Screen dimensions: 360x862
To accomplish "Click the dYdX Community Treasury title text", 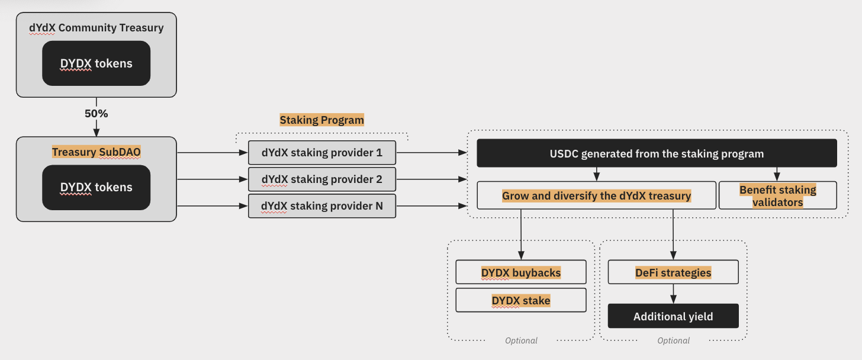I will (x=96, y=28).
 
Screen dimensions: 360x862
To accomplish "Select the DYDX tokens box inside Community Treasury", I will (x=96, y=63).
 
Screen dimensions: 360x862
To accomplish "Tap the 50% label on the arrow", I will (x=96, y=112).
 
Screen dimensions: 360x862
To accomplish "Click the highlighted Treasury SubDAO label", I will (x=96, y=152).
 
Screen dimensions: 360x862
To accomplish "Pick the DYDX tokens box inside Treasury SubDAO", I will (x=96, y=187).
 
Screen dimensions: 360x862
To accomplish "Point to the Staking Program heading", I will (x=321, y=120).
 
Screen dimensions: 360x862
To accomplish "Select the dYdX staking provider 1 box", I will (x=321, y=153).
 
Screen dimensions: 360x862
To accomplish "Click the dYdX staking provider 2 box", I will (x=321, y=179).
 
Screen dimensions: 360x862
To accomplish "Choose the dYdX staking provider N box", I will (x=321, y=206).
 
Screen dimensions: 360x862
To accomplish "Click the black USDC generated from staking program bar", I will (x=657, y=153).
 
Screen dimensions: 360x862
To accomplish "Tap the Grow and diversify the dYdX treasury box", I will (x=596, y=195).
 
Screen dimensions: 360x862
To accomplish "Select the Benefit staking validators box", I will (x=777, y=195).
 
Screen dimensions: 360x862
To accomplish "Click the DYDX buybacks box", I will (x=520, y=272).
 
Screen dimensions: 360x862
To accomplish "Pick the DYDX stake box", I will (x=520, y=300).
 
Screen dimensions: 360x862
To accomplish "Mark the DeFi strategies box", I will (x=673, y=272).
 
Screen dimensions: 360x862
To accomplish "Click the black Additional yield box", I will (x=673, y=316).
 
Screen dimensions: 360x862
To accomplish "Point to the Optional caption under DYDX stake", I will (x=521, y=340).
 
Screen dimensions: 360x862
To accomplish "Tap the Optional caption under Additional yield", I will (x=673, y=340).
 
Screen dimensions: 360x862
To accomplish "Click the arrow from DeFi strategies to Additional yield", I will (x=673, y=294).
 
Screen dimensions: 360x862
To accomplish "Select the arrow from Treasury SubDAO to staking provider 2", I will (x=212, y=179).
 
